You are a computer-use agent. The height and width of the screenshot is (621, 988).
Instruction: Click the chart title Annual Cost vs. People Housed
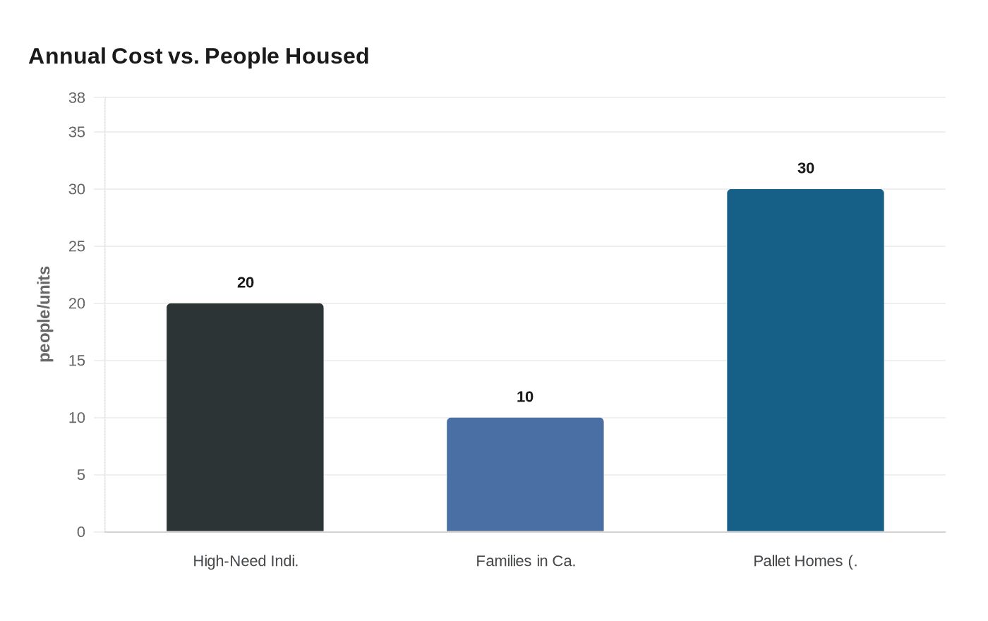click(x=198, y=56)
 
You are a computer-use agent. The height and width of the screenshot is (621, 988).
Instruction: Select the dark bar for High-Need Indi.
click(x=245, y=417)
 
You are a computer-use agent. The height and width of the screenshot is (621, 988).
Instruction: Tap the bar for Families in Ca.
click(x=525, y=474)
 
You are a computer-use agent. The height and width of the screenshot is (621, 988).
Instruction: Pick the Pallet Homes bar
click(x=805, y=360)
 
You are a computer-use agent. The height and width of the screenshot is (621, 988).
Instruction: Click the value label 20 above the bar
click(x=246, y=282)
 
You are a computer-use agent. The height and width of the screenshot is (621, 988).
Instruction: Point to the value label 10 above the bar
click(x=525, y=397)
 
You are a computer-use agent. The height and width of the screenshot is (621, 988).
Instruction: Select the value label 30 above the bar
click(x=806, y=168)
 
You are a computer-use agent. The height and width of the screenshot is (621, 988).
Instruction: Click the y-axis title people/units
click(x=44, y=314)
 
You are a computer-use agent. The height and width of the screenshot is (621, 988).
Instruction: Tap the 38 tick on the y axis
click(x=77, y=98)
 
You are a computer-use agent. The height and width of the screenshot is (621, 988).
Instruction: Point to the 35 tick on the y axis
click(x=77, y=132)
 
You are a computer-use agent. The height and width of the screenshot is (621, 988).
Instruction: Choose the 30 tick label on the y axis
click(x=77, y=189)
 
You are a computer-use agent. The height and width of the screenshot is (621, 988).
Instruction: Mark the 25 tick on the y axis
click(x=77, y=246)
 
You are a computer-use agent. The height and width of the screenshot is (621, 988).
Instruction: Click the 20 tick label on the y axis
click(x=77, y=303)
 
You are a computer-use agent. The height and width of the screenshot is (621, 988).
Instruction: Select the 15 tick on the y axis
click(x=77, y=361)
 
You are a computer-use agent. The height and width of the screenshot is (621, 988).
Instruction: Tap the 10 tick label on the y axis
click(x=77, y=418)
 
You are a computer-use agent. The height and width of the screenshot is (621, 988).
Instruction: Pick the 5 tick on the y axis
click(x=81, y=475)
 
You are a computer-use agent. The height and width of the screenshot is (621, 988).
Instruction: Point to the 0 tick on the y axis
click(x=81, y=532)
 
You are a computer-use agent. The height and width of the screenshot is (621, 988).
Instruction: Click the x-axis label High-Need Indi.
click(x=246, y=561)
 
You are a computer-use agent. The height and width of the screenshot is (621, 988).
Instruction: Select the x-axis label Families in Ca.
click(x=526, y=561)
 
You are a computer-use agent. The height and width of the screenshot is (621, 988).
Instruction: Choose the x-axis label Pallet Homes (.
click(x=805, y=561)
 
